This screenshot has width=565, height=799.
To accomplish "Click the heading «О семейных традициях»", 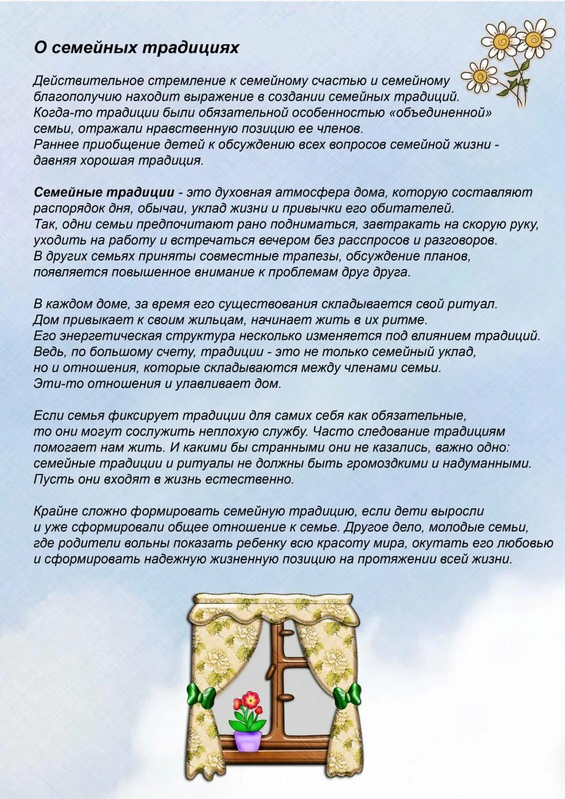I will click(x=136, y=48).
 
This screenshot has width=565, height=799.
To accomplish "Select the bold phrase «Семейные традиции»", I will click(x=104, y=192).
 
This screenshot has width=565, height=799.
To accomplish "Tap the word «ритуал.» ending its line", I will click(x=475, y=304).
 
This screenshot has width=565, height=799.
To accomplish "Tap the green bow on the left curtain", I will click(x=201, y=695).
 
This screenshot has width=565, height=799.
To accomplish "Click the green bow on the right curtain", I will click(x=347, y=695).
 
